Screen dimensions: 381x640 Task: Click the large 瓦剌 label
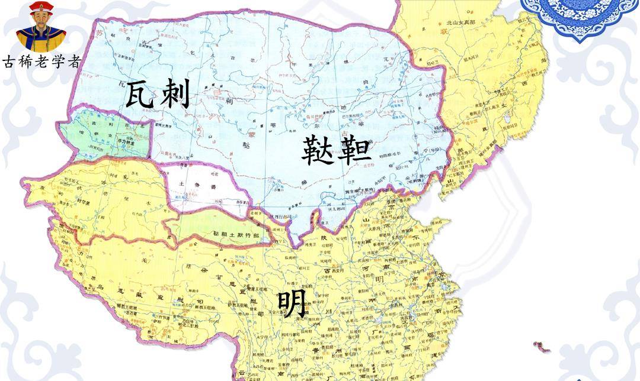(158, 95)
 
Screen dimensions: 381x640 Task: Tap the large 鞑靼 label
(336, 150)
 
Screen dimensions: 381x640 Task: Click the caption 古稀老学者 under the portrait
(40, 62)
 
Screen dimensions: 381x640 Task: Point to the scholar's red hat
(41, 8)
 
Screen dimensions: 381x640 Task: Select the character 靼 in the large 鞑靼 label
(355, 150)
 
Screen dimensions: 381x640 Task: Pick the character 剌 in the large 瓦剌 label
(174, 95)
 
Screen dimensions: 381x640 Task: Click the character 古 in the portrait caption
(9, 62)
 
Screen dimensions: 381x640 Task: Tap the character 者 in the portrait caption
(72, 62)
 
